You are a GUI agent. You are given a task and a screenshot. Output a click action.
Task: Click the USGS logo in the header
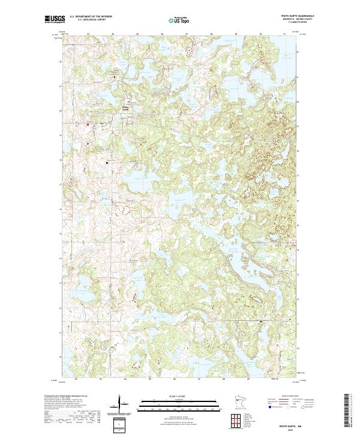tap(55, 20)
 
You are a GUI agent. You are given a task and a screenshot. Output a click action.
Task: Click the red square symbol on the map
tap(88, 124)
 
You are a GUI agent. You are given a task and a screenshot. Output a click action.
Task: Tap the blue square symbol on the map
tap(88, 144)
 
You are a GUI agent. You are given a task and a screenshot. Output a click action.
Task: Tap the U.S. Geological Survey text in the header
tap(91, 20)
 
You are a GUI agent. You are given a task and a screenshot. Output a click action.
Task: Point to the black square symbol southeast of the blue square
tap(108, 163)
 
